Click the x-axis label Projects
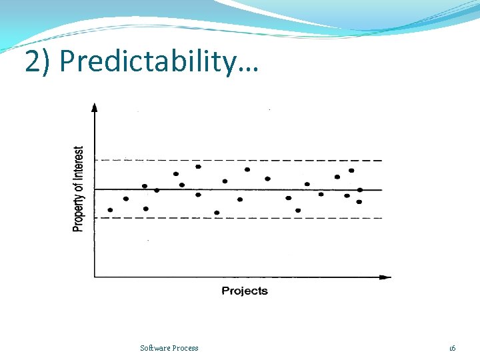click(244, 291)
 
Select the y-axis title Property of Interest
click(79, 189)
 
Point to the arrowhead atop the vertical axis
click(94, 107)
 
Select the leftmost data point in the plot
click(110, 210)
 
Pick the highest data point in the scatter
click(198, 167)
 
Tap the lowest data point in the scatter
click(217, 213)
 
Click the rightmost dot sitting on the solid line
click(359, 190)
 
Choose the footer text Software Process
click(169, 348)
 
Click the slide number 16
click(452, 348)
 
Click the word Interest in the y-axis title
click(79, 163)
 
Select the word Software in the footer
click(155, 348)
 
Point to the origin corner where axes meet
click(95, 276)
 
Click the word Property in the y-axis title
click(79, 212)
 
